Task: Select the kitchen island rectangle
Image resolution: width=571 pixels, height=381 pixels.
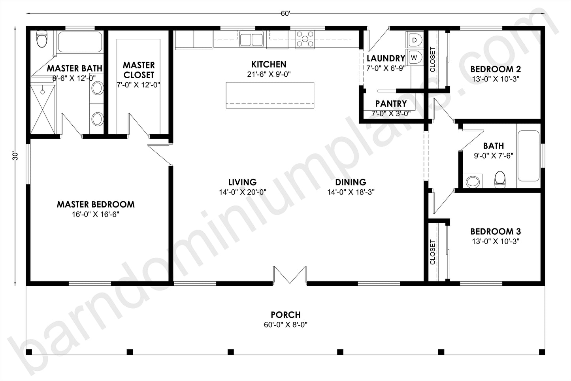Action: click(x=270, y=95)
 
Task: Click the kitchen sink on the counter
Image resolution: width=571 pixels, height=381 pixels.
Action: click(x=251, y=40)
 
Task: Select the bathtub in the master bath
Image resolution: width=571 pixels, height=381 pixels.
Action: click(x=80, y=42)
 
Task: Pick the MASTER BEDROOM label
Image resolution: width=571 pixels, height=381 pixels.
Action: click(x=96, y=204)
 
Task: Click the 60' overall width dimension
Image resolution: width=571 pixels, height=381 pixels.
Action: click(x=285, y=13)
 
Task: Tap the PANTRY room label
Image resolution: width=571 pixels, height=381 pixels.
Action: click(x=391, y=104)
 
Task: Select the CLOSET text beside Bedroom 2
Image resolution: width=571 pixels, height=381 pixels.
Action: click(x=432, y=59)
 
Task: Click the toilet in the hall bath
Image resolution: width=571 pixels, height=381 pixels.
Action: click(x=500, y=180)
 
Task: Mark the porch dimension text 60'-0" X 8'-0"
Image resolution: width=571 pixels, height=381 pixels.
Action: click(x=285, y=325)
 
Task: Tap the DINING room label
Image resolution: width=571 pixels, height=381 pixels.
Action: click(x=351, y=182)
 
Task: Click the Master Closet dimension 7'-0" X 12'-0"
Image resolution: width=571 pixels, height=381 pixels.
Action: click(x=138, y=85)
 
